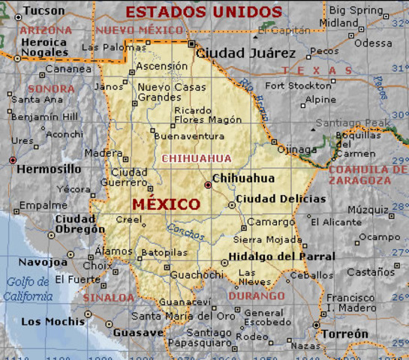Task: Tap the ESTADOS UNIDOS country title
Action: [x=203, y=12]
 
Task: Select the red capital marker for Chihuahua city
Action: [x=208, y=184]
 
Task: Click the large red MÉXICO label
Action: [x=166, y=204]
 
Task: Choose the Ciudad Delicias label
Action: [x=281, y=199]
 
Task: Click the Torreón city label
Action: [x=344, y=334]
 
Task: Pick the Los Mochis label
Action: [x=53, y=322]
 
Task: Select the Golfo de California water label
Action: [x=28, y=289]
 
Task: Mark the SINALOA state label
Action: [x=108, y=298]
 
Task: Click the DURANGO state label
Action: [x=257, y=295]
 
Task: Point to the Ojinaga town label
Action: [x=297, y=149]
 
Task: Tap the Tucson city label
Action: [x=44, y=10]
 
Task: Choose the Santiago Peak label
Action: [x=353, y=122]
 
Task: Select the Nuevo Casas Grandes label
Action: [x=171, y=92]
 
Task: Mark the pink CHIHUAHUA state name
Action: [x=197, y=158]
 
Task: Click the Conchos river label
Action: [x=185, y=233]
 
